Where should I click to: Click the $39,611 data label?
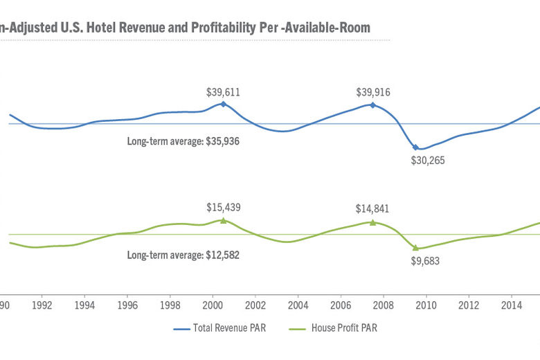223,91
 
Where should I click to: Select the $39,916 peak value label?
372,91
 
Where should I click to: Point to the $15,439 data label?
223,207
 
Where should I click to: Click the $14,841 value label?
372,207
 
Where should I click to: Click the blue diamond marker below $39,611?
223,104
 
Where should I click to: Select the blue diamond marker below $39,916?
372,105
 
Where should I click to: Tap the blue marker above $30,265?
415,147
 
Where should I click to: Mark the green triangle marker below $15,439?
223,219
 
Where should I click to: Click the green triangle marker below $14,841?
372,222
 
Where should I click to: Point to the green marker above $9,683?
415,247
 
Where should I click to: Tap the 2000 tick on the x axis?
213,305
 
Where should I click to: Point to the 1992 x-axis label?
42,305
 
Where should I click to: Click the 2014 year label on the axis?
512,305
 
